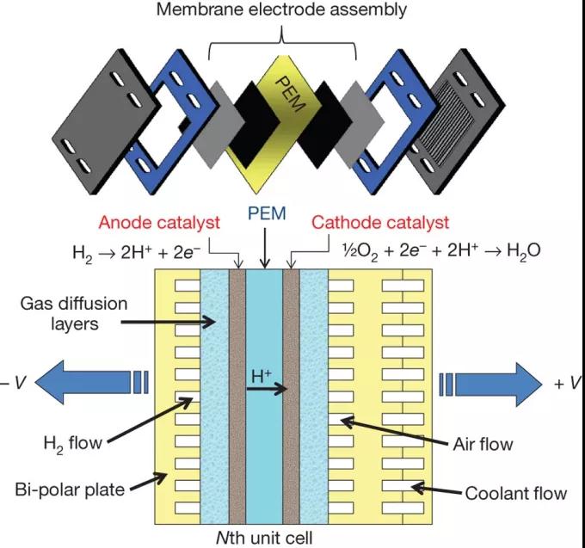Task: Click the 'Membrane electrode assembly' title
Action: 281,9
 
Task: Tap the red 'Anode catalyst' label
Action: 159,223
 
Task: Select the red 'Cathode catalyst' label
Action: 380,223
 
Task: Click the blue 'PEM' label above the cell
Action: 267,213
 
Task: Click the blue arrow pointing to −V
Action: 92,382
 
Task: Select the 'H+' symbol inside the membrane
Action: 262,376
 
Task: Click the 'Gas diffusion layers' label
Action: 74,314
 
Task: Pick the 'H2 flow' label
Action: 73,444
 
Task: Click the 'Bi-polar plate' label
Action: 70,490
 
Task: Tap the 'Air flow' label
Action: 483,444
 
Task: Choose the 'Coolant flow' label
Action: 516,493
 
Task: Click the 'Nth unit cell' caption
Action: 264,538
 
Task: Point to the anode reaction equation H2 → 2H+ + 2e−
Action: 137,253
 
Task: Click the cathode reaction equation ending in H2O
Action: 441,251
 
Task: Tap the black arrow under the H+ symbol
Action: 267,390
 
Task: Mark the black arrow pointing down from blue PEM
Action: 265,248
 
